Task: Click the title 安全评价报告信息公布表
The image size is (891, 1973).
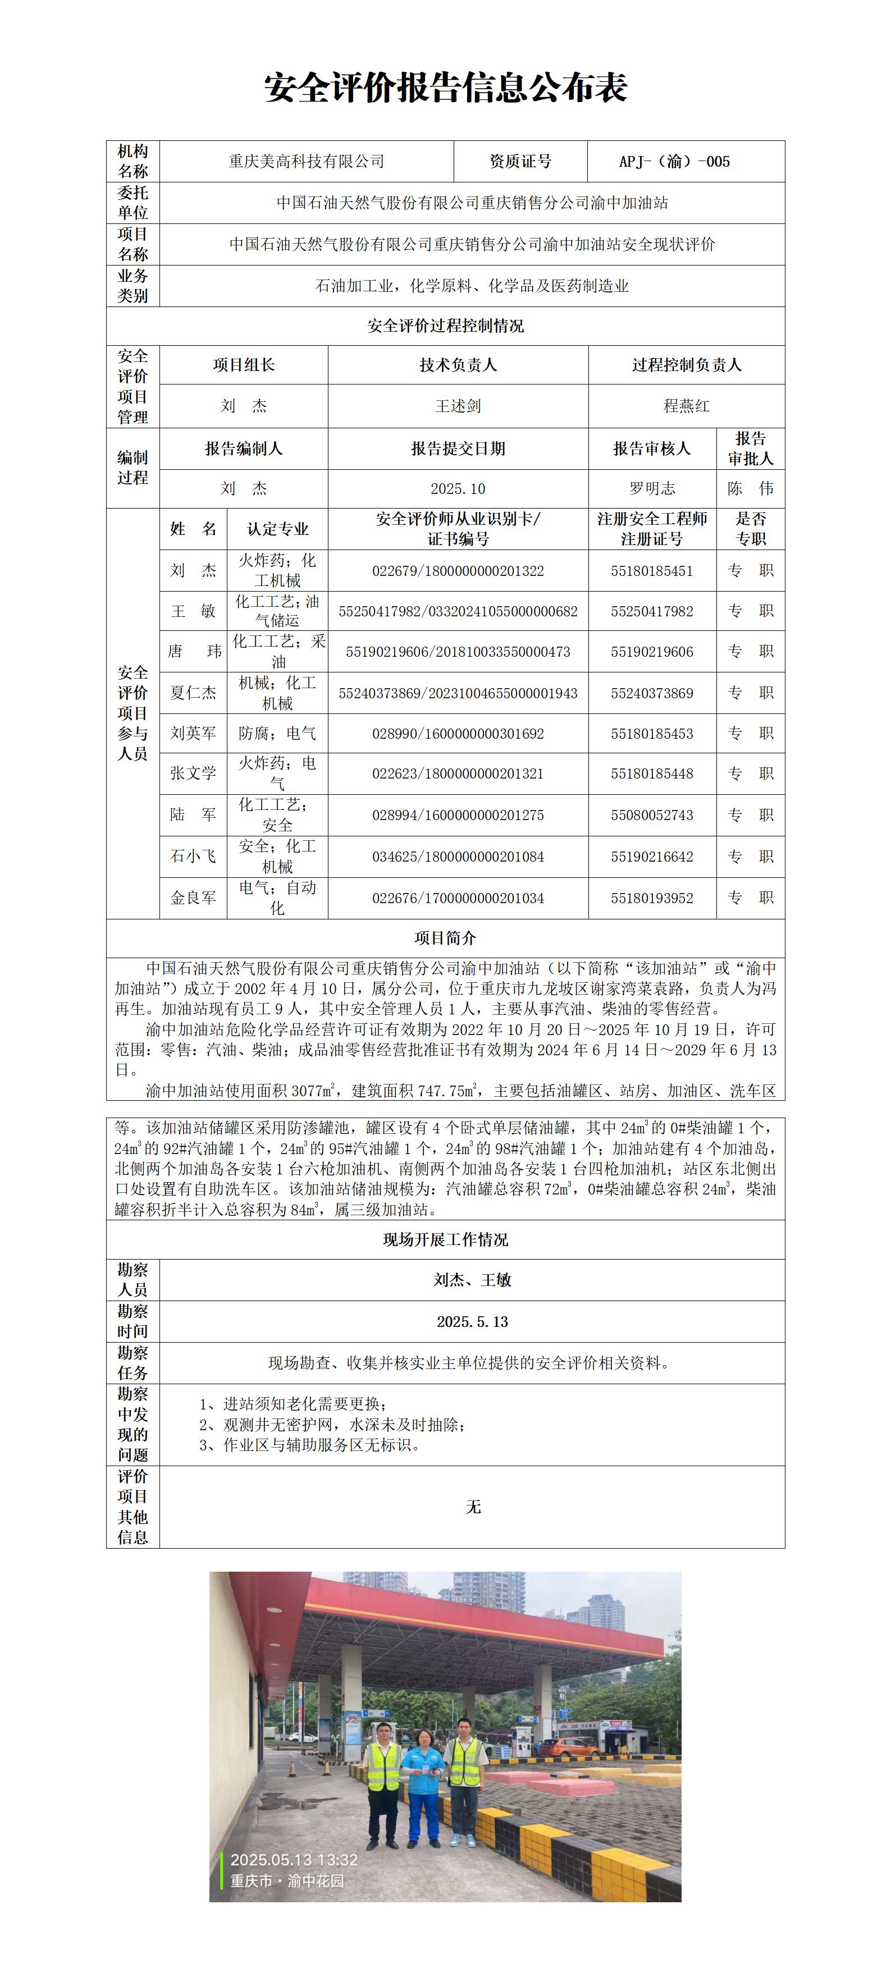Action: (445, 89)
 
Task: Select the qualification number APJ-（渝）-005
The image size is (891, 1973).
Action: (674, 162)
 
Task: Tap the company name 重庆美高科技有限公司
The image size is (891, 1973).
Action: (307, 162)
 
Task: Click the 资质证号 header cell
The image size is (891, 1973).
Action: (520, 162)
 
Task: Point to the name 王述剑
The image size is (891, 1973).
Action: (458, 406)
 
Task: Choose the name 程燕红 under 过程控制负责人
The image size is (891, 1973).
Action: (687, 406)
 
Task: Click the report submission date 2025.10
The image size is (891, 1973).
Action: (458, 489)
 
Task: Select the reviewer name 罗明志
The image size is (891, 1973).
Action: (652, 489)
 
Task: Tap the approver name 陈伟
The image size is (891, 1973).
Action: (750, 489)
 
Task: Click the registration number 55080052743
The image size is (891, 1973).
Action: (652, 815)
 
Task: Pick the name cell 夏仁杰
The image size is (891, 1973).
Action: (193, 693)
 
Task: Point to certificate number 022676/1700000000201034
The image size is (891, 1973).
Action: (458, 898)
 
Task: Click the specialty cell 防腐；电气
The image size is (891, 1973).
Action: (277, 733)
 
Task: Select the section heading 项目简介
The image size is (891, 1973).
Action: (445, 939)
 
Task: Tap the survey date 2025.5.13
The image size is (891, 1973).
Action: (472, 1322)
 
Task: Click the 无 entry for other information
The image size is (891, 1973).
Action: (473, 1507)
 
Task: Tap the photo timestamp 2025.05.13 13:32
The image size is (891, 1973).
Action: (294, 1860)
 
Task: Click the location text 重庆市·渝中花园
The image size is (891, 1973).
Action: (287, 1880)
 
